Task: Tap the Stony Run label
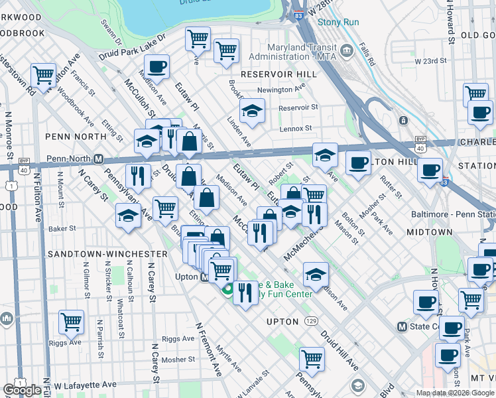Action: point(338,22)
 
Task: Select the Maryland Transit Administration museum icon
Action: point(346,50)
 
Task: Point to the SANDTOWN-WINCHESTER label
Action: point(107,254)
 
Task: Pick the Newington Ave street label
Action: point(280,90)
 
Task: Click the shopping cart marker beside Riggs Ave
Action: point(71,322)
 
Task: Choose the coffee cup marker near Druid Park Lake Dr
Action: point(156,66)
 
